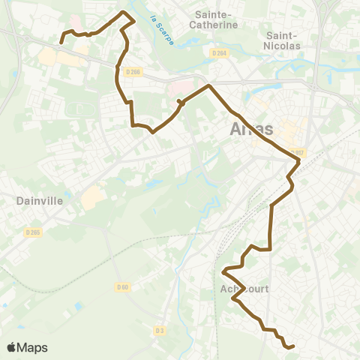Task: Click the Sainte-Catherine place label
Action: (215, 19)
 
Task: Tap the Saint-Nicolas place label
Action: (283, 40)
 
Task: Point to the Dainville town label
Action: (38, 201)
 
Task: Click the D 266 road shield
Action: (133, 72)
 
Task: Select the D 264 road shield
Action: (219, 53)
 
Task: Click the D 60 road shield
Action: (123, 286)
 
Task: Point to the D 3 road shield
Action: (159, 330)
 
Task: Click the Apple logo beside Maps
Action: (11, 347)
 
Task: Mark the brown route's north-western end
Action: (61, 42)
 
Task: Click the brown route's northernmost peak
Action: (124, 12)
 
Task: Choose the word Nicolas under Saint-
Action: (283, 46)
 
